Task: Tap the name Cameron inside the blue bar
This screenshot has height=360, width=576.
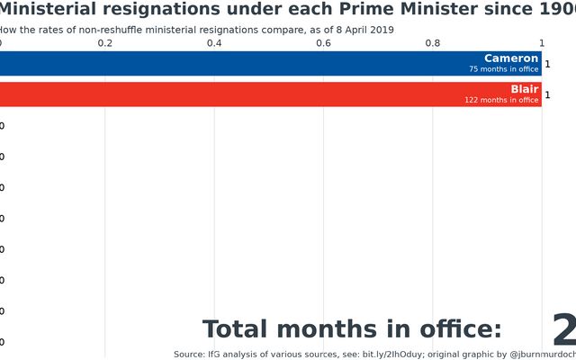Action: coord(511,58)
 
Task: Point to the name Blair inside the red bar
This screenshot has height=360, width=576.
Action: coord(524,89)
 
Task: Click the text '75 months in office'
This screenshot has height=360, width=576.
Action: coord(503,69)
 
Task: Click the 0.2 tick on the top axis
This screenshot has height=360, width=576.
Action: coord(105,43)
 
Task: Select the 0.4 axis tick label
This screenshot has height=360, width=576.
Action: coord(214,43)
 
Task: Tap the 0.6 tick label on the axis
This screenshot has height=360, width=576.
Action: coord(323,43)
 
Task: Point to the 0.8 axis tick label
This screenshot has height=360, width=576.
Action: coord(432,43)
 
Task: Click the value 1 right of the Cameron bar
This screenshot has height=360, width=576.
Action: coord(547,64)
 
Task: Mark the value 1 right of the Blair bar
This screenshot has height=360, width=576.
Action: coord(547,94)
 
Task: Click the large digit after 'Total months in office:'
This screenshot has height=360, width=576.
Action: coord(564,330)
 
